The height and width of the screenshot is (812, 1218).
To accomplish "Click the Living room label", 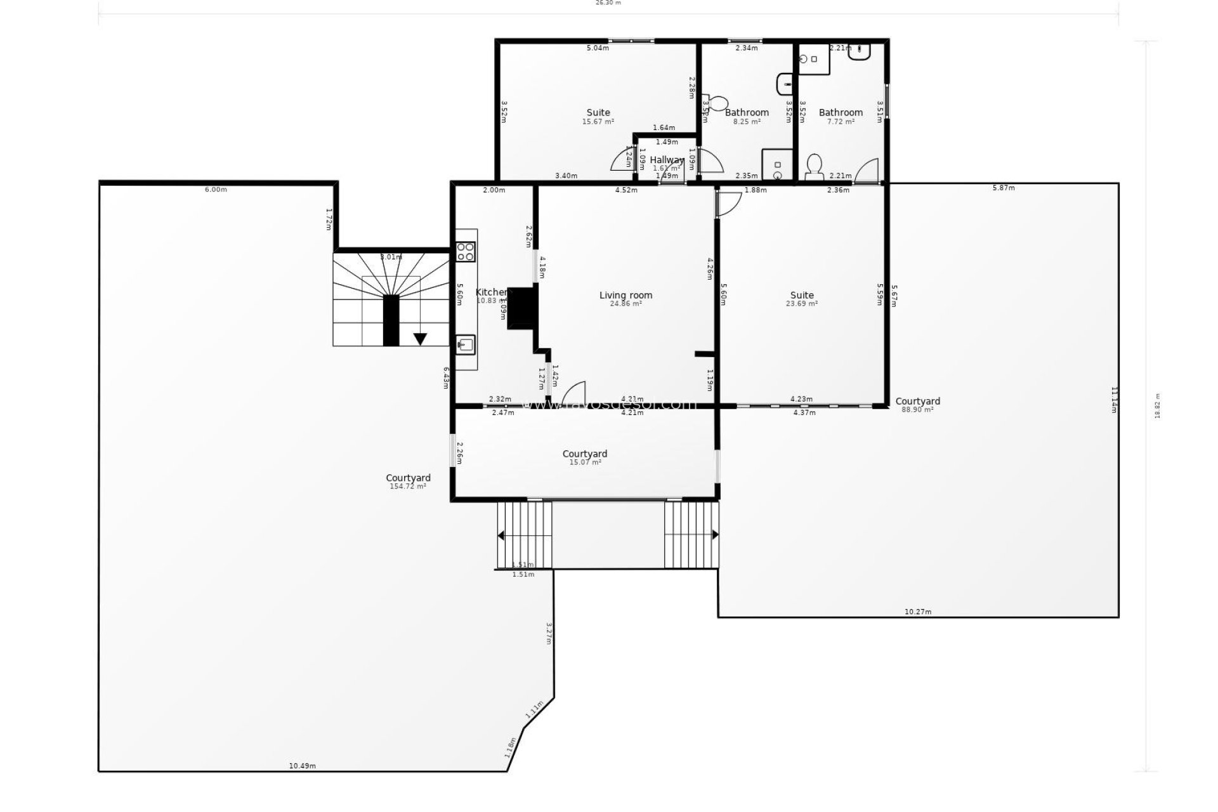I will coord(625,295).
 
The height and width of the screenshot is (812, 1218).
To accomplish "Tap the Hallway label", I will coord(667,160).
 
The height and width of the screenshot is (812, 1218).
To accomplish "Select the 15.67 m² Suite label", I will coord(598,113).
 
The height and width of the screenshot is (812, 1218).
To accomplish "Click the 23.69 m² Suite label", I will coord(802,295).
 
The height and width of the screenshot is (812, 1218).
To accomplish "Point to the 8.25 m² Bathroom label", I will coord(747,113).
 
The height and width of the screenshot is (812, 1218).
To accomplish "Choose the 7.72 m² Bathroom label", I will coord(841,113).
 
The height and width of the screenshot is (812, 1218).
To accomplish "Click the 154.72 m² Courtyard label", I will coord(408,478).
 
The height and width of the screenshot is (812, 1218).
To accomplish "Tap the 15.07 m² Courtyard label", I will coord(585,454).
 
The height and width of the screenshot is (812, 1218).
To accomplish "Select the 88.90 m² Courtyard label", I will coord(917,402).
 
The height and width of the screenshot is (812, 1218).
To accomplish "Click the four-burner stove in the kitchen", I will coord(466,251).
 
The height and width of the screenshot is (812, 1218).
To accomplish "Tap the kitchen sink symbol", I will coord(466,344).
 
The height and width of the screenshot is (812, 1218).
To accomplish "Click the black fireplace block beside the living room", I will coord(522,308).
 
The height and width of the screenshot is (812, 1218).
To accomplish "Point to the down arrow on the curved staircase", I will coord(420,339).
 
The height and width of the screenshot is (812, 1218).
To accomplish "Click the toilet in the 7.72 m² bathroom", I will coord(814,166).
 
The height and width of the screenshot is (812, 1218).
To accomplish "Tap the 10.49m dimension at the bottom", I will coord(302,766).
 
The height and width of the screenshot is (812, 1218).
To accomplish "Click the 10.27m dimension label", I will coord(917,612).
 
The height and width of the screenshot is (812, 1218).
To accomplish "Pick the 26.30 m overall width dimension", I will coord(608,3).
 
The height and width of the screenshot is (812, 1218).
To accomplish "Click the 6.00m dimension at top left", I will coord(216,190).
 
